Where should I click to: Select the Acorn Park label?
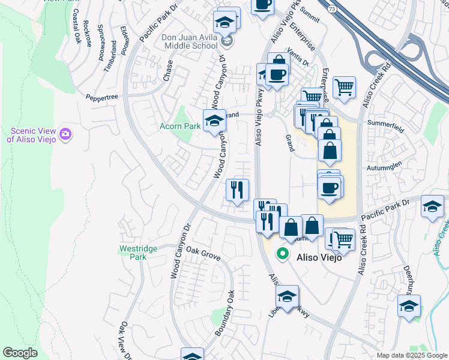click(179, 127)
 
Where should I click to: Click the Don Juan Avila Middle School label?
click(189, 41)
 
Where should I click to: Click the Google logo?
click(20, 353)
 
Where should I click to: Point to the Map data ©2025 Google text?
click(411, 355)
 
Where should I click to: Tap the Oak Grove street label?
click(203, 253)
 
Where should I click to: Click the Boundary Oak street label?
click(222, 312)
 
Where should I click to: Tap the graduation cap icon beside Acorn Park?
click(214, 120)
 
